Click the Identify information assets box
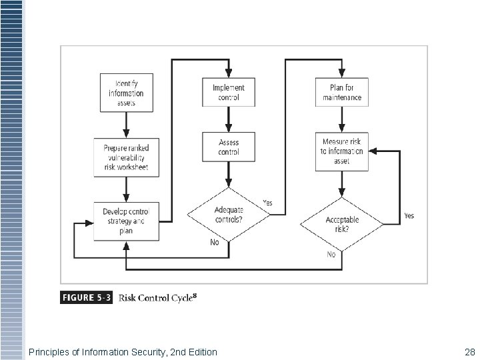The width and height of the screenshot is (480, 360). pyautogui.click(x=126, y=93)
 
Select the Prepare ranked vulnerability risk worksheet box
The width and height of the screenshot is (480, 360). pyautogui.click(x=126, y=157)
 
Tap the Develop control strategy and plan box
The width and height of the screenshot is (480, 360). pyautogui.click(x=126, y=221)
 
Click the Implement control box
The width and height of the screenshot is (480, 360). pyautogui.click(x=229, y=93)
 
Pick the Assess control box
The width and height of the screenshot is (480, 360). pyautogui.click(x=229, y=147)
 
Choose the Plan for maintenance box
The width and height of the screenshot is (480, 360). pyautogui.click(x=342, y=93)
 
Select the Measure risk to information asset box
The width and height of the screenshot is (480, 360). pyautogui.click(x=342, y=152)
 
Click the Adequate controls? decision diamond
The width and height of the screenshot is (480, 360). pyautogui.click(x=229, y=215)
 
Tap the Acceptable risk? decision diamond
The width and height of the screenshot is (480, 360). pyautogui.click(x=342, y=224)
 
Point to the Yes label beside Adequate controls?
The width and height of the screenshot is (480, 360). pyautogui.click(x=268, y=203)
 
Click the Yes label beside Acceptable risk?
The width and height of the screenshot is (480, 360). pyautogui.click(x=409, y=216)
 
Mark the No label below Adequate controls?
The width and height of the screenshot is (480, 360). pyautogui.click(x=214, y=243)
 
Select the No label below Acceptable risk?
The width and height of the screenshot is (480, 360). pyautogui.click(x=331, y=255)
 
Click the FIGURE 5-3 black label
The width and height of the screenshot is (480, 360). pyautogui.click(x=87, y=297)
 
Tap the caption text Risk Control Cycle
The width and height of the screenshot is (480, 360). pyautogui.click(x=157, y=297)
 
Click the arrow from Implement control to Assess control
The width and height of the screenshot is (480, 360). pyautogui.click(x=229, y=119)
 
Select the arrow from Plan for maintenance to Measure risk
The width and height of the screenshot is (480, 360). pyautogui.click(x=342, y=119)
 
